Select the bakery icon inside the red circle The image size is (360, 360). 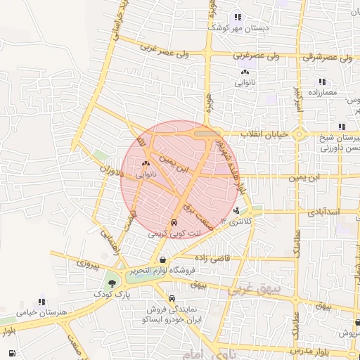[x=146, y=163]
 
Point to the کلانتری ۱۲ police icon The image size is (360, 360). [x=236, y=210]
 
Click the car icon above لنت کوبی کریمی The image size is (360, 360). [x=174, y=224]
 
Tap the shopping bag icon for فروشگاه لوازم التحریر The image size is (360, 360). [x=162, y=259]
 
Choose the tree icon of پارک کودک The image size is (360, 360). [x=110, y=284]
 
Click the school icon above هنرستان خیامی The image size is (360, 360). [x=41, y=301]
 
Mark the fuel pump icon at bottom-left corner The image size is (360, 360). [x=12, y=353]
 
